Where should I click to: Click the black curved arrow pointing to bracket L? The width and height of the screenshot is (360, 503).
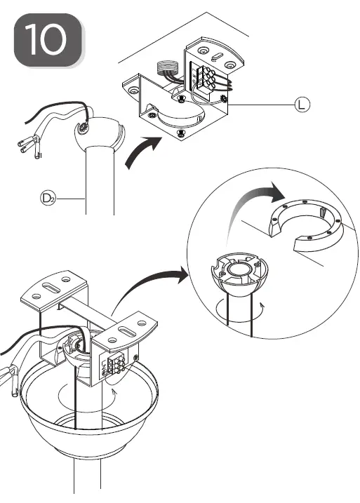click(x=140, y=154)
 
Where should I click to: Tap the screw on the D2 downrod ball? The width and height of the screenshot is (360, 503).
click(x=83, y=128)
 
